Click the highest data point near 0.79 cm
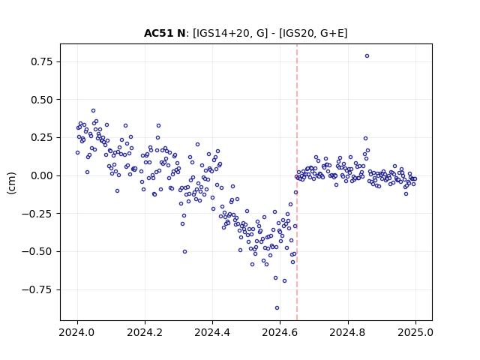367,56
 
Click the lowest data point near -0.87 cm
277,308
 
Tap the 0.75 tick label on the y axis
42,61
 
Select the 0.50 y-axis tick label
42,100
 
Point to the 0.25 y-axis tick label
42,138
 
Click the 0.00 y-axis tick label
42,175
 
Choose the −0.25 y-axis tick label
37,214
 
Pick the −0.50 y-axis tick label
37,252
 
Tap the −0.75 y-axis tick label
37,289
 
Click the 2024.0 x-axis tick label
77,332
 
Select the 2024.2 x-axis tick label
145,332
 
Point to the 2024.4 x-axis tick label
212,332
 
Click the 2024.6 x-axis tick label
280,332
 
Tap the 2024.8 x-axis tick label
348,332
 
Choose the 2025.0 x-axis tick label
415,332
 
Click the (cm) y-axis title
11,183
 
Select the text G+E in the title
331,33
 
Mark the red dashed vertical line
297,182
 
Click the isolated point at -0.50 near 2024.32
185,252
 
